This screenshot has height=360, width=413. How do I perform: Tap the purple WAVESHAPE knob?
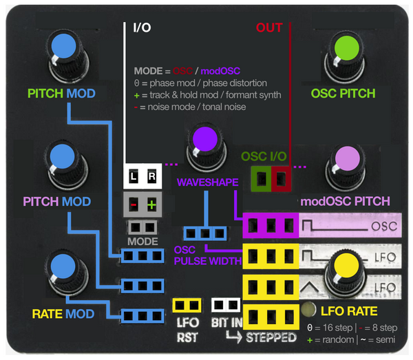tap(206, 147)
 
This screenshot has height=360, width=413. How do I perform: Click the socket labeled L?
tap(134, 176)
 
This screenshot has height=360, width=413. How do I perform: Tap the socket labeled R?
tap(151, 176)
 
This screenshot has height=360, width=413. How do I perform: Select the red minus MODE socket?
tap(134, 204)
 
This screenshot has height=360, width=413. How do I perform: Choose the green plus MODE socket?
tap(151, 204)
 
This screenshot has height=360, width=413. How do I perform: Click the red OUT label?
tap(269, 28)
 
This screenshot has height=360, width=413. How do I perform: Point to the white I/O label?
tap(142, 28)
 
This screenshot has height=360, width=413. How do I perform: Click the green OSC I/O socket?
tap(261, 178)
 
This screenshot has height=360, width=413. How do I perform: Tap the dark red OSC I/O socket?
tap(281, 178)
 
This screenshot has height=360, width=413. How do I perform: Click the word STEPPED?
tap(271, 337)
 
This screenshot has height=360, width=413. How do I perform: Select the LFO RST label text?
tap(187, 330)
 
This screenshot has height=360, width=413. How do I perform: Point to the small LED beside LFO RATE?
tap(308, 310)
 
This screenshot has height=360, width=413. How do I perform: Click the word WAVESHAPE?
tap(208, 182)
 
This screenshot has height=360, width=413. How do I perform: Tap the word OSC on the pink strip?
tap(384, 226)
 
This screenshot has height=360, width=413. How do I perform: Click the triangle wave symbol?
tap(310, 287)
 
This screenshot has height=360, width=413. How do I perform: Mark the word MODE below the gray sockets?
tap(142, 242)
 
